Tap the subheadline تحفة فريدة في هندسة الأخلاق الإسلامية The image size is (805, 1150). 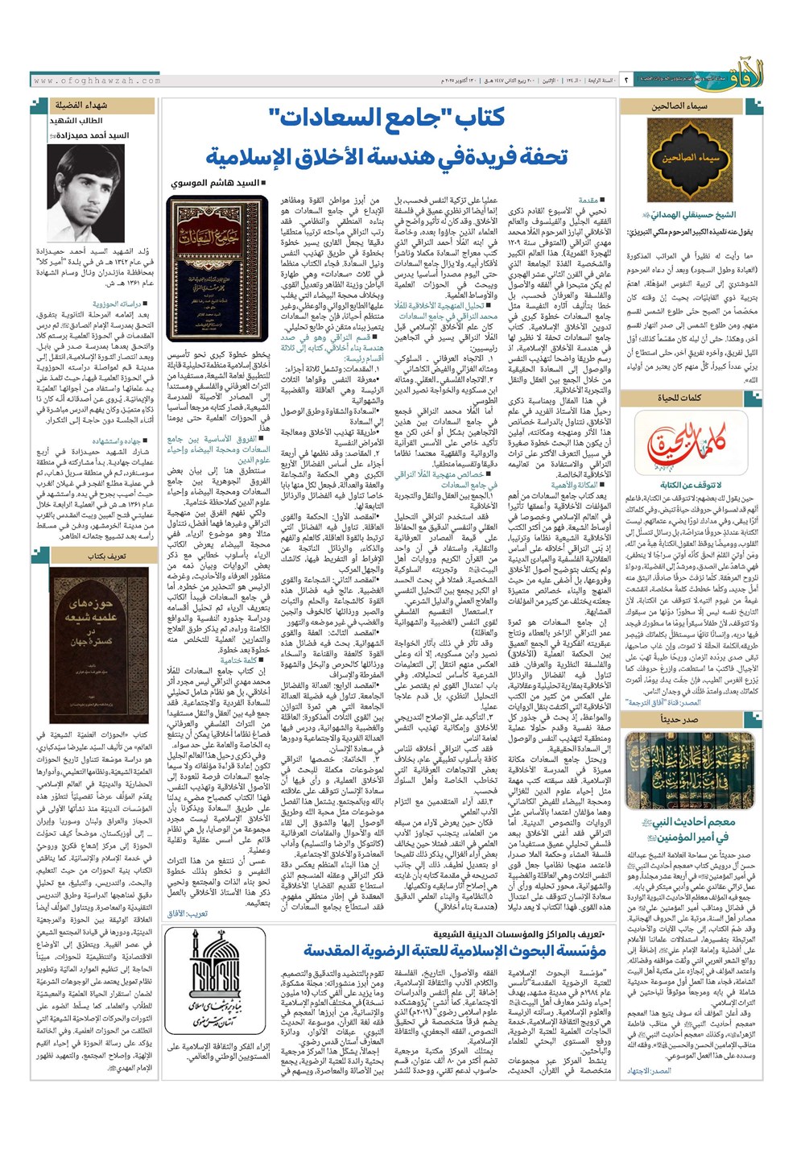point(386,156)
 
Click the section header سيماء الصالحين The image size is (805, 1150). point(679,105)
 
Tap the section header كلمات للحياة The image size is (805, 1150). point(679,398)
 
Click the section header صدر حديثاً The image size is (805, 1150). point(679,719)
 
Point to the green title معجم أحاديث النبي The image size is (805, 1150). point(696,822)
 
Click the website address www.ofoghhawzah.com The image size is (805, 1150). point(97,81)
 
